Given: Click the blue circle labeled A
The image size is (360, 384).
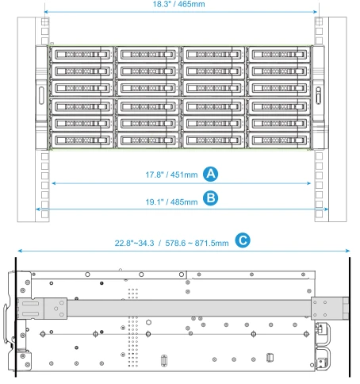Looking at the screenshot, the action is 210,174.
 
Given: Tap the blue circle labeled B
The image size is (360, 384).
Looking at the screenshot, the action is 210,198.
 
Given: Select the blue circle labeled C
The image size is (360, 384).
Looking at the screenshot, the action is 243,240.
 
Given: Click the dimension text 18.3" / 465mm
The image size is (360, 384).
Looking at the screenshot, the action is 178,4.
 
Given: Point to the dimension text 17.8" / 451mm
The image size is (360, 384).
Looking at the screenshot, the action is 171,175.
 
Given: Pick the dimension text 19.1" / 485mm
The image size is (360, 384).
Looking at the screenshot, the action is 171,202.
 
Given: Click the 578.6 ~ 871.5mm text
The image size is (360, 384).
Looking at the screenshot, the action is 197,243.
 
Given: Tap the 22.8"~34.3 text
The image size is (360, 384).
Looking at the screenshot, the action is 134,243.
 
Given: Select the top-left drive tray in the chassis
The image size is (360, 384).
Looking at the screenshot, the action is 82,55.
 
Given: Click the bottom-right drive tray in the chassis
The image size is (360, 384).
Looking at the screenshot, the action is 279,140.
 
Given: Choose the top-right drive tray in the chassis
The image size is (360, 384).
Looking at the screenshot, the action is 279,55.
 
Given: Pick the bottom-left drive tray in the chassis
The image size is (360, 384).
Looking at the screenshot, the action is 82,140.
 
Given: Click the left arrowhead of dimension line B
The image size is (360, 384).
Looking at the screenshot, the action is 37,209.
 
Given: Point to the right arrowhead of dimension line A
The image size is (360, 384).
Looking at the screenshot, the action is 309,183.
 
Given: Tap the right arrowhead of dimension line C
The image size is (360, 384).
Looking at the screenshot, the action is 348,251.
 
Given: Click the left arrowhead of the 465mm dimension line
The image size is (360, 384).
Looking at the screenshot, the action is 46,12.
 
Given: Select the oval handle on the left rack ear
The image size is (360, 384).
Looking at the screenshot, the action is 41,95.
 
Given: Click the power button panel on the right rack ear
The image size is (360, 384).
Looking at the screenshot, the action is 319,95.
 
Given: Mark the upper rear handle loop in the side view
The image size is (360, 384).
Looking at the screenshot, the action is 324,333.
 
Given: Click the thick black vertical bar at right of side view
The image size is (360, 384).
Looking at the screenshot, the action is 350,317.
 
